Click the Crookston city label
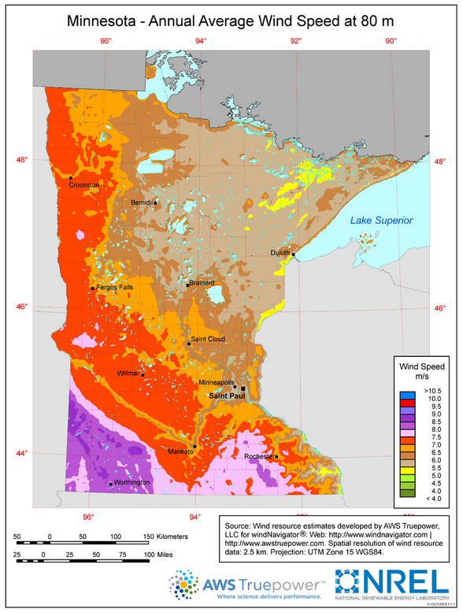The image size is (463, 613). (x=84, y=184)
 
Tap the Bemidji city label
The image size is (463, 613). (x=143, y=202)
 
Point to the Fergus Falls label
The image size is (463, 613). (x=115, y=288)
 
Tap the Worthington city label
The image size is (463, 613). (x=131, y=482)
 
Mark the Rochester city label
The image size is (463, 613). (x=258, y=456)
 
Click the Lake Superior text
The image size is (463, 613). (x=381, y=221)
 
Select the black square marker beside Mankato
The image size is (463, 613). (x=194, y=446)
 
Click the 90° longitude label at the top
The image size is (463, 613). (x=391, y=42)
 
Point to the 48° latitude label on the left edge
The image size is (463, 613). (x=21, y=160)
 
